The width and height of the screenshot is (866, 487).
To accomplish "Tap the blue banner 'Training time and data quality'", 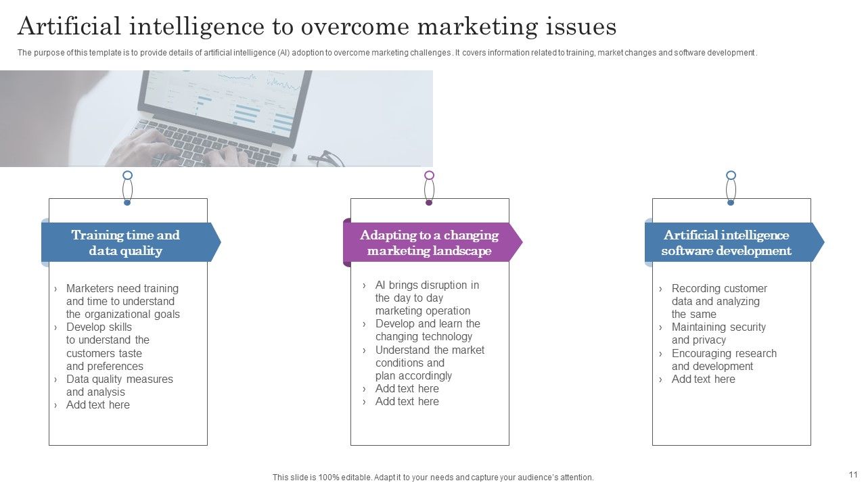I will coord(126,243).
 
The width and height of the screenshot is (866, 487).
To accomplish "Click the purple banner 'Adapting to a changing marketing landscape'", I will coord(429,243).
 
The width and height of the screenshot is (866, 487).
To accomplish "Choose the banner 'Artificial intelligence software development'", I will coord(727,243).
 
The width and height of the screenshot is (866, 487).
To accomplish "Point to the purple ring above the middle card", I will coord(429,176).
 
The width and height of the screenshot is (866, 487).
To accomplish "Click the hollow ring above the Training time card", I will coord(127,176).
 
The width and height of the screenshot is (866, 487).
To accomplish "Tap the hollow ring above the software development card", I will coord(731,176).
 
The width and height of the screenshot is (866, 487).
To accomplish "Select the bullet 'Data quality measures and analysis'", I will coord(119,386).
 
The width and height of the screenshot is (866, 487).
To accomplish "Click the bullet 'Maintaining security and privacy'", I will coord(718,333).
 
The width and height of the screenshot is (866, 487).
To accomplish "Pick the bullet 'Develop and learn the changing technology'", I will coord(427,330).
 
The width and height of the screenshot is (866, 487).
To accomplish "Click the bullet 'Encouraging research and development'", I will coord(723,360).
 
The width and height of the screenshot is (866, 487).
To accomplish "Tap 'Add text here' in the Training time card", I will coord(97,405).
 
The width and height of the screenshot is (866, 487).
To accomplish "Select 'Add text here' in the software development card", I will coord(703,379).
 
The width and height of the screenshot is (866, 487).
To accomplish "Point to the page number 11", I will coord(852,475).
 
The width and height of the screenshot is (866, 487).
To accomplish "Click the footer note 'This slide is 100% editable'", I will coord(433,478).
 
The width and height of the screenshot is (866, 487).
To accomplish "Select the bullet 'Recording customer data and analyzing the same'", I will coord(719,301).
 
